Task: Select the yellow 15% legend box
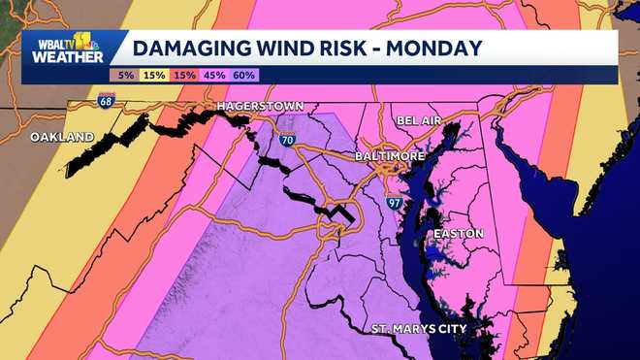click(x=154, y=74)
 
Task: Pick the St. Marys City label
click(x=420, y=330)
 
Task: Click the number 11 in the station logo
click(x=84, y=41)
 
